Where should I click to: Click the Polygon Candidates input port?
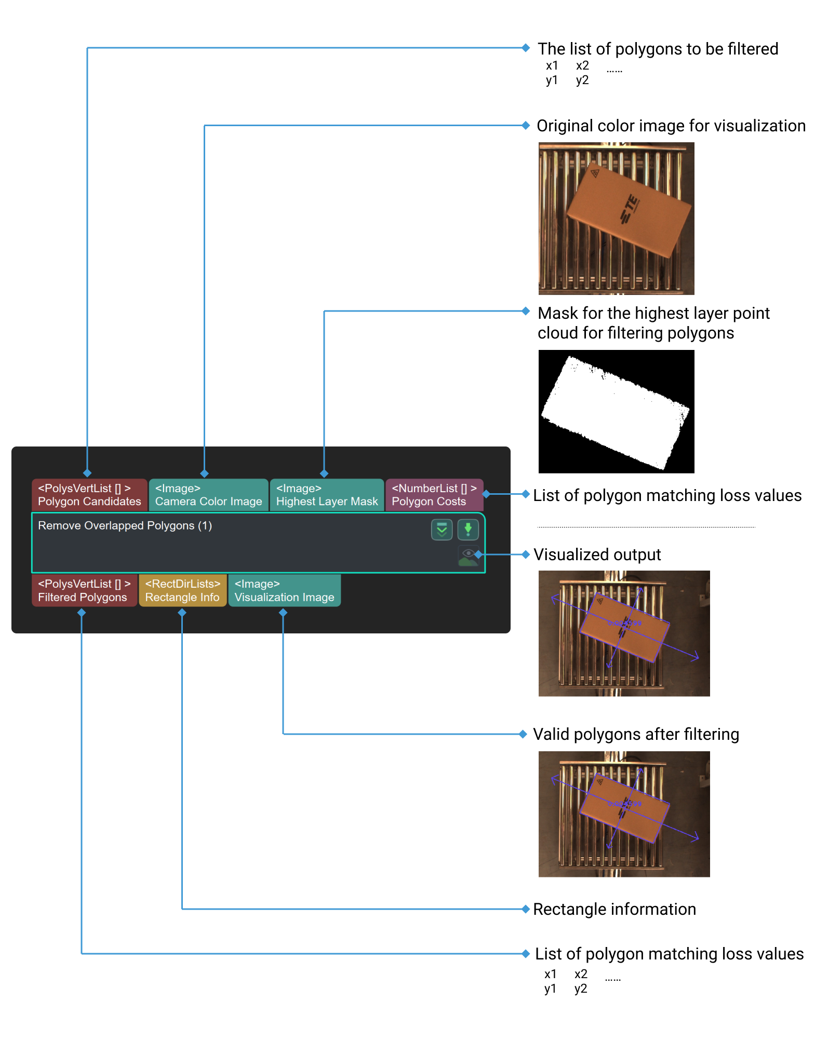pos(89,495)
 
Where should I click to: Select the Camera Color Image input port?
pos(208,495)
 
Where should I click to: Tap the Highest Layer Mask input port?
pos(327,495)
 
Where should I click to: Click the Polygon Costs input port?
pos(434,495)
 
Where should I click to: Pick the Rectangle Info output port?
pos(182,590)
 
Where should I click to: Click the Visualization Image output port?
pos(284,590)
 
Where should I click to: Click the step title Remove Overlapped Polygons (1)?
pos(125,525)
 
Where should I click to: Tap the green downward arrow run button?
pos(467,530)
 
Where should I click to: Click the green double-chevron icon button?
pos(442,530)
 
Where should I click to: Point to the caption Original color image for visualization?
pos(671,126)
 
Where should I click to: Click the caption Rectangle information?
pos(614,909)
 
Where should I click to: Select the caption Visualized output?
pos(597,554)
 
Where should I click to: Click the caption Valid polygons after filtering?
pos(636,734)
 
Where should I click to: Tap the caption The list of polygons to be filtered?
pos(658,49)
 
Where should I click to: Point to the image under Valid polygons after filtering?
pos(624,814)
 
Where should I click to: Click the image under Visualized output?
pos(624,633)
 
